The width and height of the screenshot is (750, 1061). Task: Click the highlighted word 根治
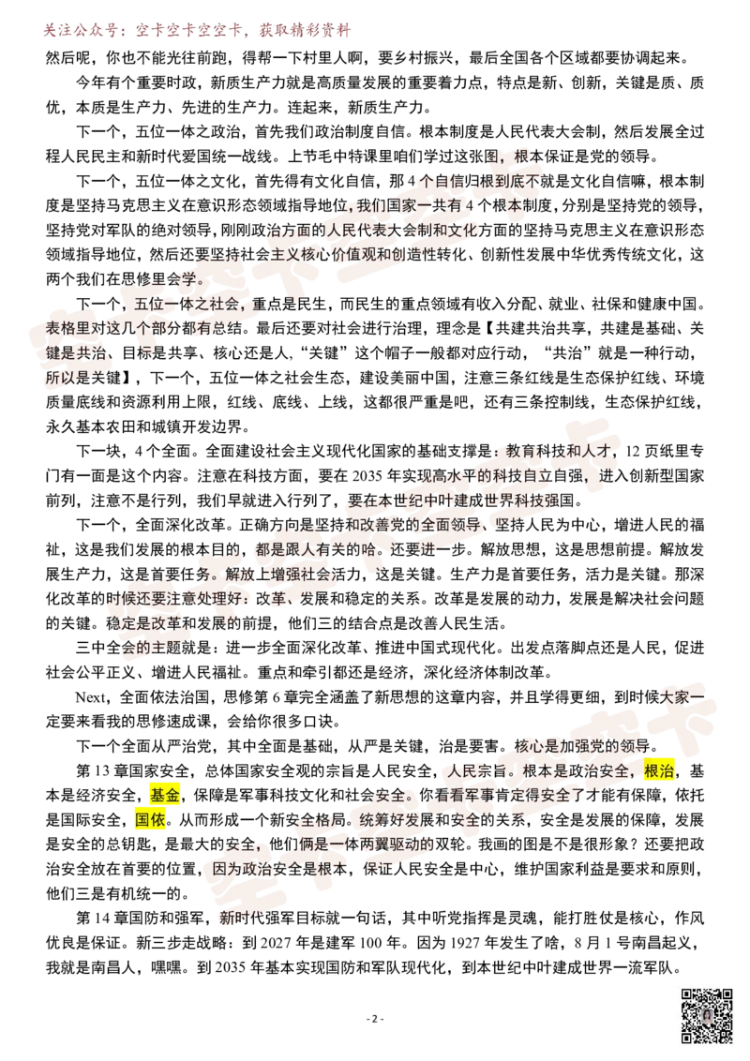pos(659,770)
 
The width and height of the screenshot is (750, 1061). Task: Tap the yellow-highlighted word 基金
pos(164,795)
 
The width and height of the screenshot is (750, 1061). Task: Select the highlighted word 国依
pos(150,820)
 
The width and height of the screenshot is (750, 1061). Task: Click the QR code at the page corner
pos(706,1015)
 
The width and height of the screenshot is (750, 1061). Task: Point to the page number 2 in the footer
pos(375,1019)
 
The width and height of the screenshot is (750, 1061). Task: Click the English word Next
pos(90,697)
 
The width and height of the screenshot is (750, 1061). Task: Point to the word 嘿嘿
pos(167,967)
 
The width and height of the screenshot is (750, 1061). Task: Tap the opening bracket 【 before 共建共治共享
pos(488,328)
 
